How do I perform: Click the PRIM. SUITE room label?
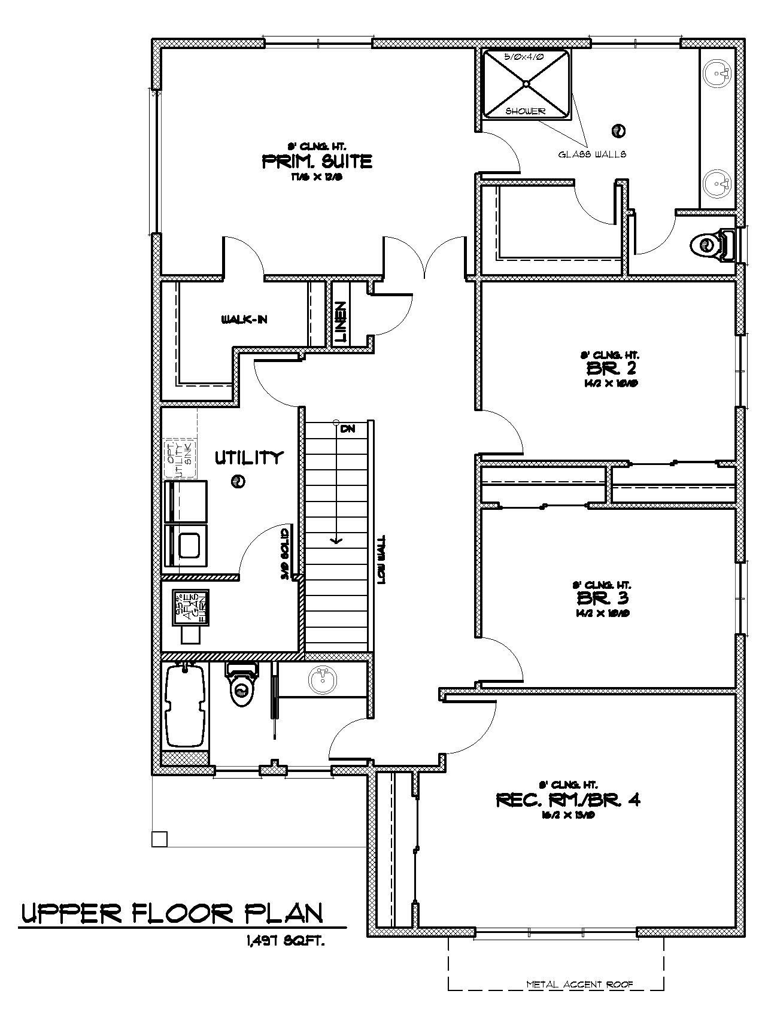317,161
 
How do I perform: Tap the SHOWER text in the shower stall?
526,111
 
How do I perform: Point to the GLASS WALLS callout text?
593,154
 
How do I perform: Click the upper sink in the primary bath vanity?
717,74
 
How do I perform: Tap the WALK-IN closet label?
244,320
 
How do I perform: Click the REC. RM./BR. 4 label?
568,800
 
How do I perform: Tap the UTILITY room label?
248,458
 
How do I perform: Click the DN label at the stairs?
347,428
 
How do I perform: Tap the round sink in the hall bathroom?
323,679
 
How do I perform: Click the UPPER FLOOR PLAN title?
173,913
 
